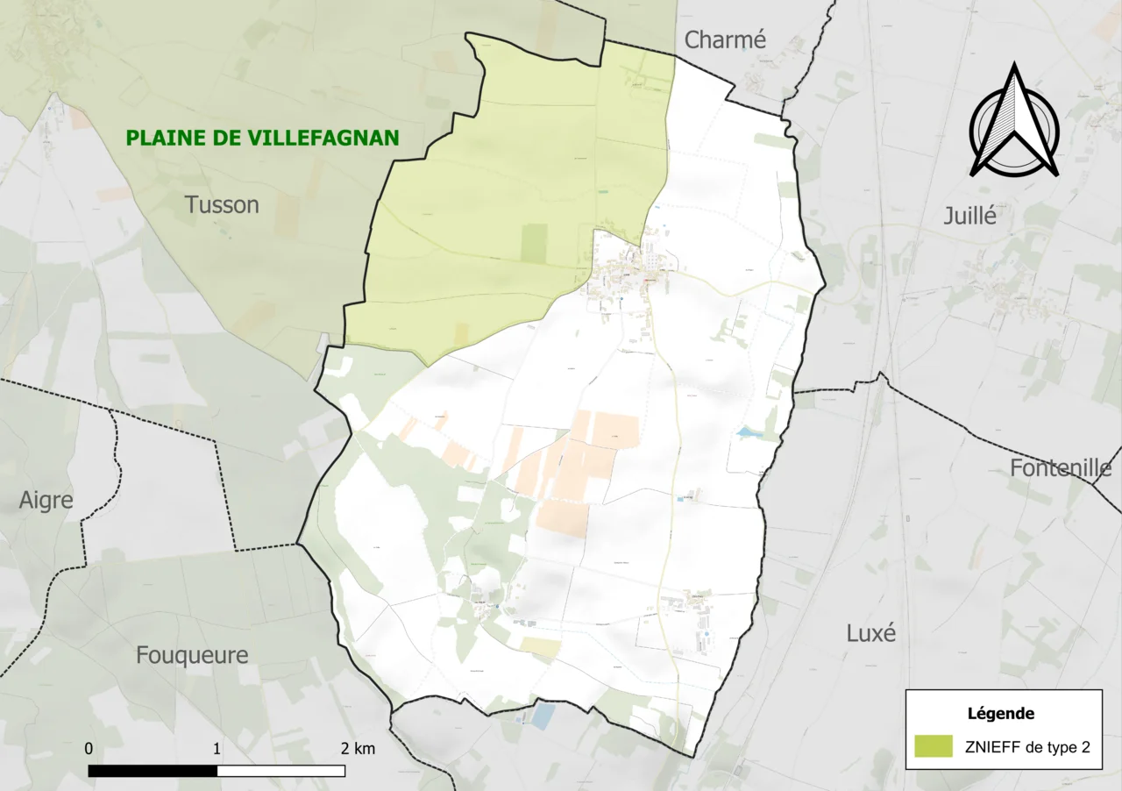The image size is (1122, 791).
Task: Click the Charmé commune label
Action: tap(725, 39)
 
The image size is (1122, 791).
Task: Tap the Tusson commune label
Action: tap(222, 204)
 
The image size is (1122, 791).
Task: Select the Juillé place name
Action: tap(970, 216)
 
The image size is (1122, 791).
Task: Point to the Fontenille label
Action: tap(1061, 467)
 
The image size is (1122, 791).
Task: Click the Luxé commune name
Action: tap(871, 632)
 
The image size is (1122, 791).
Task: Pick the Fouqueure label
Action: tap(192, 654)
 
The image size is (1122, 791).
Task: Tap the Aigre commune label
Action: tap(46, 501)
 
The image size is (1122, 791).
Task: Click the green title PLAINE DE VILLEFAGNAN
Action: tap(262, 138)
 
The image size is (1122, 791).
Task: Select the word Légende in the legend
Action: tap(1000, 713)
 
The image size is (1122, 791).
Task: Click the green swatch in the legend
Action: tap(933, 746)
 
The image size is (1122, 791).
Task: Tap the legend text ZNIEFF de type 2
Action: tap(1027, 747)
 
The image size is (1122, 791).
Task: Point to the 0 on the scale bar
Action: tap(89, 748)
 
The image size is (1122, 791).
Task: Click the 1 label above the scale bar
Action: tap(217, 748)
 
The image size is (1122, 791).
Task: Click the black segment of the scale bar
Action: tap(153, 771)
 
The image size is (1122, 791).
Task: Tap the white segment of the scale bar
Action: tap(280, 771)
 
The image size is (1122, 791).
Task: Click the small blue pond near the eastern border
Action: tap(749, 432)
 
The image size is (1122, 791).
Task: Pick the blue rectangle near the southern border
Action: tap(543, 716)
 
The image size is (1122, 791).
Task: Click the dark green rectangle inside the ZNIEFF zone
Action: tap(534, 243)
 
